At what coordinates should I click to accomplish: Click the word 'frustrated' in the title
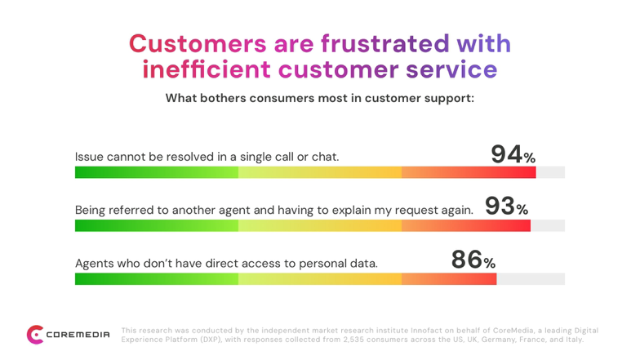(385, 43)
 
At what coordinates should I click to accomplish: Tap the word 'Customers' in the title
(198, 44)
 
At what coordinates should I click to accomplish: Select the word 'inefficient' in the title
(206, 69)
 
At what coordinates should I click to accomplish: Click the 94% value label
(513, 155)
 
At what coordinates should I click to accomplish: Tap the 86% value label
(473, 260)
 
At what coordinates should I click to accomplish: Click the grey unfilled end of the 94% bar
(550, 172)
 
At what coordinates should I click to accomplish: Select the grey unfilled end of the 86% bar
(531, 279)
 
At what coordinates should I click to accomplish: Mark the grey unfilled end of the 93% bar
(548, 225)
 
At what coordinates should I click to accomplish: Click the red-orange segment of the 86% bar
(449, 279)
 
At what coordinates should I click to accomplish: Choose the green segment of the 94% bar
(157, 172)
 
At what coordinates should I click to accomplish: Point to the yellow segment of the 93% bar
(320, 225)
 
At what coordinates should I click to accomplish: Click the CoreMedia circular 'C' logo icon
(35, 335)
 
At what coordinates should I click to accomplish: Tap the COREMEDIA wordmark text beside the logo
(78, 335)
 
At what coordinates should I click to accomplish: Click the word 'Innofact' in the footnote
(424, 331)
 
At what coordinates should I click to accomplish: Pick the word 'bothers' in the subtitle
(223, 98)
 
